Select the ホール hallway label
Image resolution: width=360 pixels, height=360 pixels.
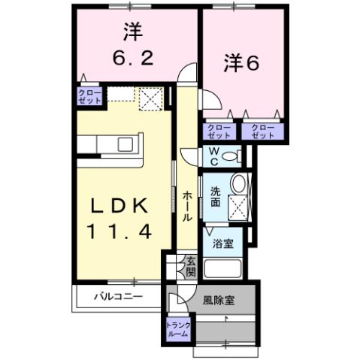click(x=188, y=204)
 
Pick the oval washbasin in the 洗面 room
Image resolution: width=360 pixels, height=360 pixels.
click(x=238, y=183)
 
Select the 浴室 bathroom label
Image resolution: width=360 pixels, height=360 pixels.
click(x=222, y=243)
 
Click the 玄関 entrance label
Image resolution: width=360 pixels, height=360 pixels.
click(x=191, y=267)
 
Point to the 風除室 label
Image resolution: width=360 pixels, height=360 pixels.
click(x=219, y=300)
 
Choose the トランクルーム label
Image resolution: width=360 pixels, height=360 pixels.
click(x=179, y=328)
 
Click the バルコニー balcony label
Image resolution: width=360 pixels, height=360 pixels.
click(x=117, y=296)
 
